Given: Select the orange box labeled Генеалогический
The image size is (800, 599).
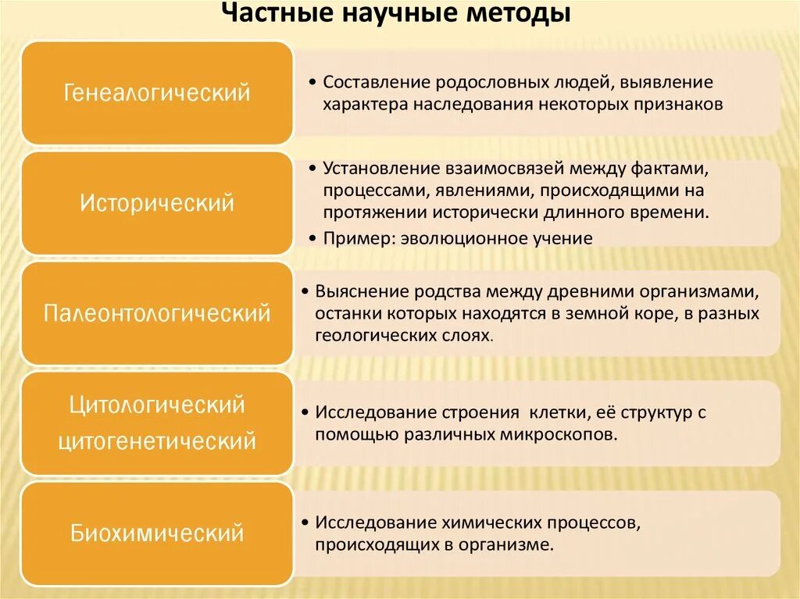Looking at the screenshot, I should pyautogui.click(x=157, y=93).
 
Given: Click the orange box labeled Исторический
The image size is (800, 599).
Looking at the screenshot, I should pyautogui.click(x=157, y=203).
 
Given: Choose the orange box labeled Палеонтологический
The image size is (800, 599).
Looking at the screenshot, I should pyautogui.click(x=157, y=313).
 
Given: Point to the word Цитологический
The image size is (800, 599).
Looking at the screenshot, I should pyautogui.click(x=157, y=405).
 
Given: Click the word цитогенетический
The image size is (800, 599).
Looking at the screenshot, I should pyautogui.click(x=157, y=441).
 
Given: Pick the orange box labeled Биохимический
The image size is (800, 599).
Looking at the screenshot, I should pyautogui.click(x=157, y=533).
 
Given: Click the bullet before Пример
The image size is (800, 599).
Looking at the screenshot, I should pyautogui.click(x=313, y=238).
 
